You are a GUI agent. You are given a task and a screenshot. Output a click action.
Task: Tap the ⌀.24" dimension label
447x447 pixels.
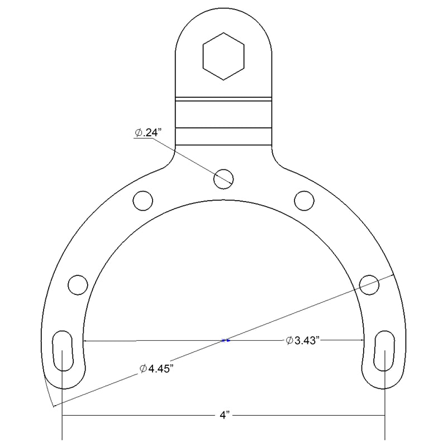pyautogui.click(x=148, y=132)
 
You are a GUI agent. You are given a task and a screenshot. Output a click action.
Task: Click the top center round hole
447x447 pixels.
pyautogui.click(x=223, y=178)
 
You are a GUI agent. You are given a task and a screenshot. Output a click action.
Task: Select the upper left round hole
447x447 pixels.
pyautogui.click(x=142, y=199)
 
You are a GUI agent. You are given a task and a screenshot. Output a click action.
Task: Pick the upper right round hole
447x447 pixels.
pyautogui.click(x=304, y=199)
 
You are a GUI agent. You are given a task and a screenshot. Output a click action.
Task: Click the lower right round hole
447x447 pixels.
pyautogui.click(x=369, y=284)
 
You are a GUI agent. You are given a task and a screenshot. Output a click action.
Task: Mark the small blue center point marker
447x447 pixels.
pyautogui.click(x=225, y=340)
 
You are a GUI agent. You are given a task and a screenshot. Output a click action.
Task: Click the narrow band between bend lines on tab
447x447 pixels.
pyautogui.click(x=223, y=114)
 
